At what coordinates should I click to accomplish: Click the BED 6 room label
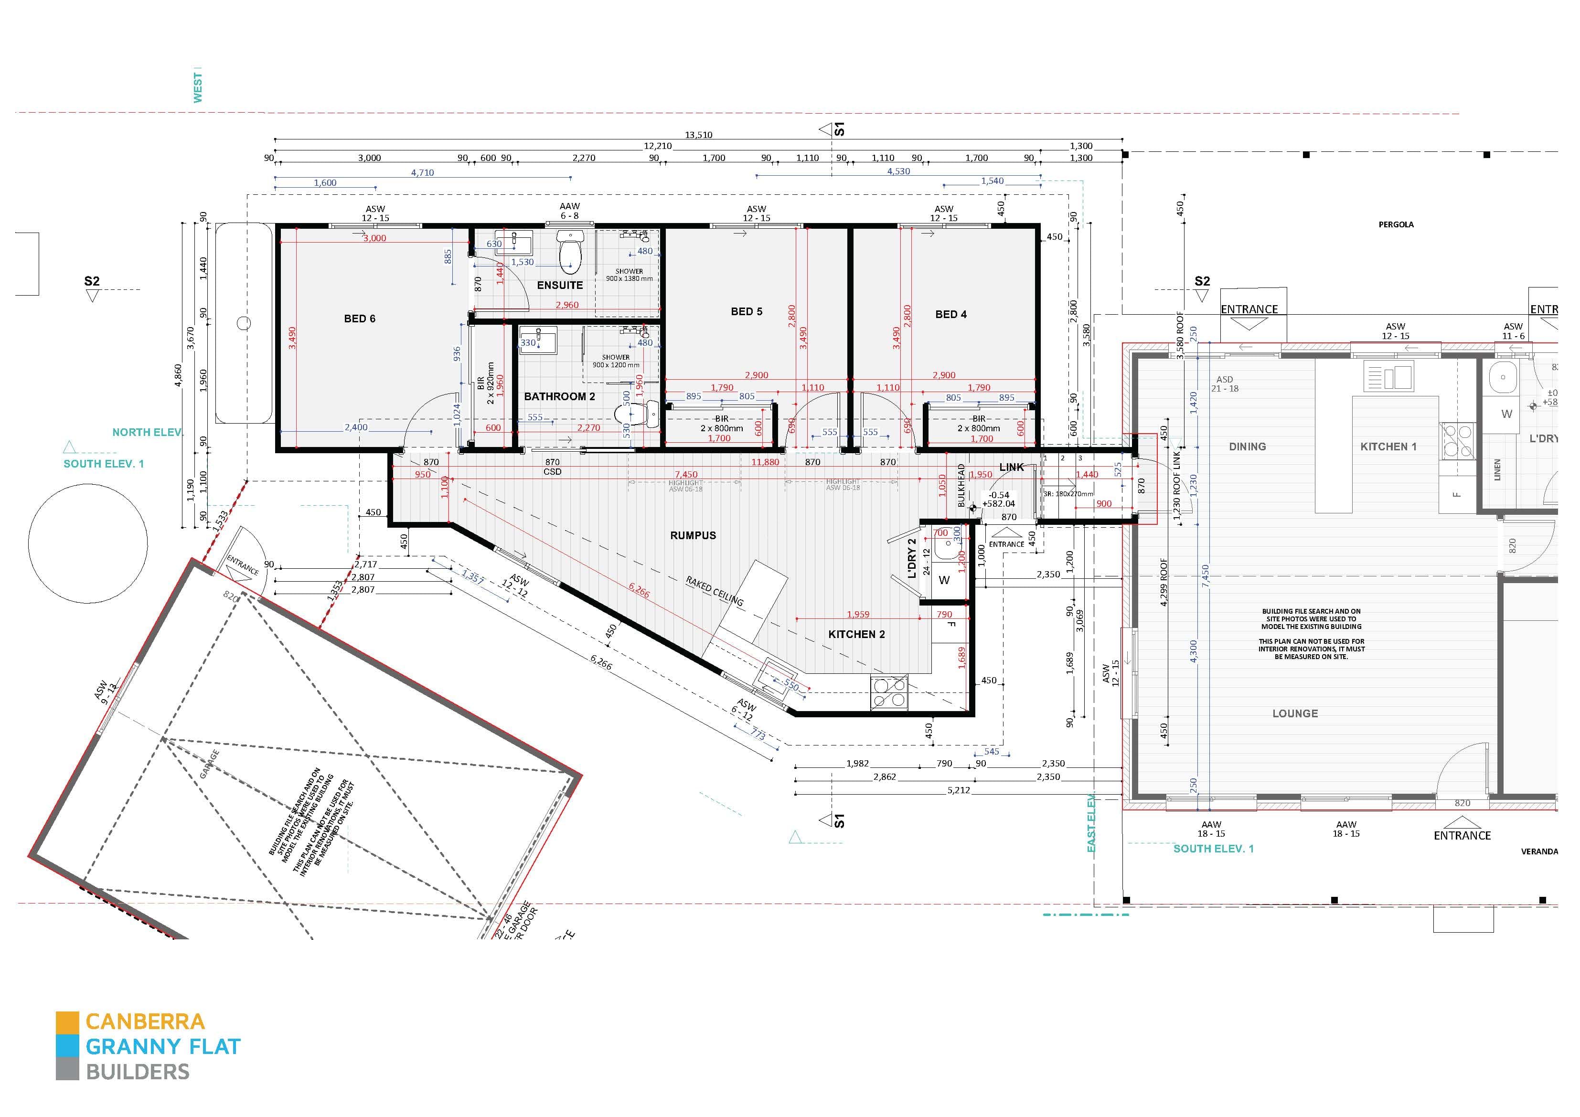coord(359,319)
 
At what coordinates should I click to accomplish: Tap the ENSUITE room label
coord(559,285)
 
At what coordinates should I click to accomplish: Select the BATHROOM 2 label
coord(559,396)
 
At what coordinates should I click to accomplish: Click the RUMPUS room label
coord(693,535)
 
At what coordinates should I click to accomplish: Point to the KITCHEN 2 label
coord(856,634)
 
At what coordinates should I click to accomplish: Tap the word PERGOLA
coord(1396,224)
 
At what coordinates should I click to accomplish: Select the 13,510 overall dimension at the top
coord(698,135)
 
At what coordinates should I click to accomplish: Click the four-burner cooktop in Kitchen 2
coord(888,692)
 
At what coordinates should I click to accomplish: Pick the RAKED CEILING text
coord(715,591)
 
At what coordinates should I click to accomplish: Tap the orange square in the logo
coord(67,1021)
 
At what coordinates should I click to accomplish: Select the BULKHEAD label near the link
coord(961,485)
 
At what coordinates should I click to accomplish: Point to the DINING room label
coord(1247,447)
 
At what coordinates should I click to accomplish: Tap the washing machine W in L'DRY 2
coord(944,580)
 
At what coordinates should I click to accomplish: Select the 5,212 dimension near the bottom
coord(958,790)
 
